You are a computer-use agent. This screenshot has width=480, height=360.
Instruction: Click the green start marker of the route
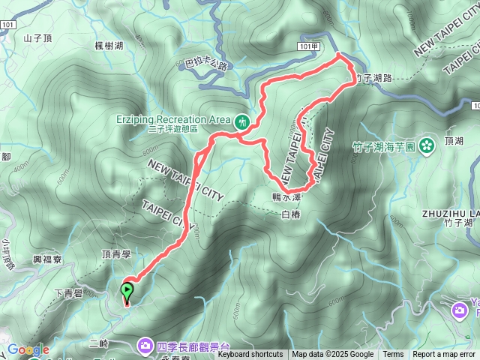coord(127,289)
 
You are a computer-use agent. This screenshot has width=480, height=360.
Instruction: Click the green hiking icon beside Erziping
coord(241,120)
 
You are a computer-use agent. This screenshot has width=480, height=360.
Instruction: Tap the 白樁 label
coord(290,215)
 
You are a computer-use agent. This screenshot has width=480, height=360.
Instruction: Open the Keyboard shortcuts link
coord(251,355)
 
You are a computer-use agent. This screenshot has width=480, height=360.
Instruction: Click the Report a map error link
coord(444,355)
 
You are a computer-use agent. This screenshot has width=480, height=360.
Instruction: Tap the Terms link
coord(393,355)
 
